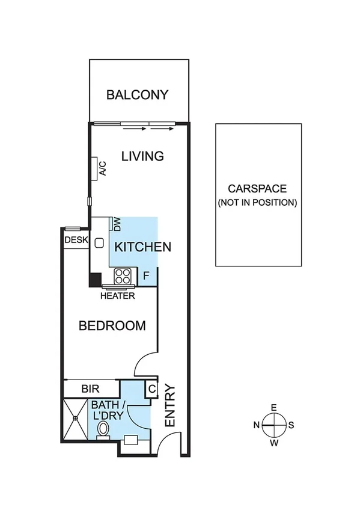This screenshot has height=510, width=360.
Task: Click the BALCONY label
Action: point(137,95)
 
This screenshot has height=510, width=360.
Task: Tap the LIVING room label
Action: point(142,156)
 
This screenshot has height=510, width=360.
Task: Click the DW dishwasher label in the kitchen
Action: point(117,224)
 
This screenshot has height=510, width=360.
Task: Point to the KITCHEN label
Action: point(143,247)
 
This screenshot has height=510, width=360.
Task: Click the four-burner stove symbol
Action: point(123,276)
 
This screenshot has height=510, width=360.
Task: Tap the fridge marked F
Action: point(146,277)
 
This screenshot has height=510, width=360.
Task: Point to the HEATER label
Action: point(117,296)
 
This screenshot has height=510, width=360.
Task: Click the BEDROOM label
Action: point(112,326)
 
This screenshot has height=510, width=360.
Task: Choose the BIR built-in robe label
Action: point(90,389)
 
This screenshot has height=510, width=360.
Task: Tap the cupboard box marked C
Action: point(152,389)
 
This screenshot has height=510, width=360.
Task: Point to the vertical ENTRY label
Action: point(170,406)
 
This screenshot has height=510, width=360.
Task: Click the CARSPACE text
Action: point(257,189)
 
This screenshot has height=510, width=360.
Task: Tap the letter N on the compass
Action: point(256,425)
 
